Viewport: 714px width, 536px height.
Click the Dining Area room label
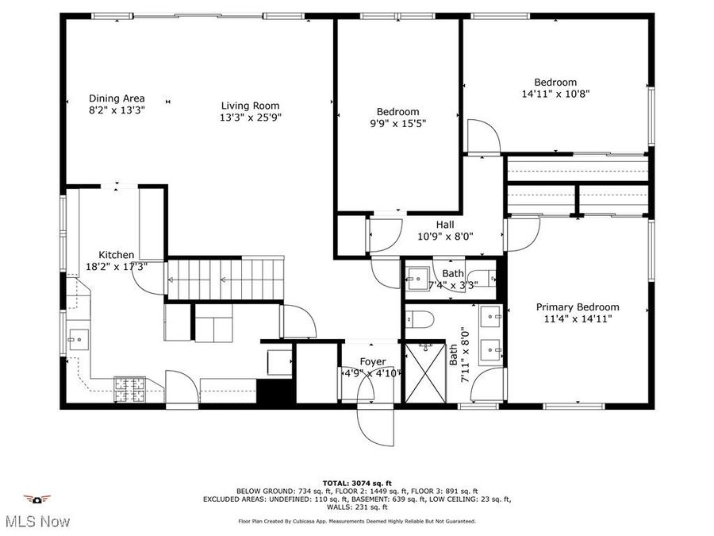point(116,98)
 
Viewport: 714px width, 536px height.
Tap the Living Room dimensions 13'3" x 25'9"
point(251,118)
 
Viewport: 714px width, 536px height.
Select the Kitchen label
point(116,255)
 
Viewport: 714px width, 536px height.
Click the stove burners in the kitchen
point(130,388)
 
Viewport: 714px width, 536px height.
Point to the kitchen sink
point(79,340)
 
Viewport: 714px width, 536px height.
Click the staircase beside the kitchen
point(225,279)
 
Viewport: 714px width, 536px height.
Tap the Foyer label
point(373,361)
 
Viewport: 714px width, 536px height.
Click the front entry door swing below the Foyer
point(370,416)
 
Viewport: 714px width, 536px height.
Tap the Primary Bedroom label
point(578,307)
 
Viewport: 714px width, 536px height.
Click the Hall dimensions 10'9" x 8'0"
point(445,236)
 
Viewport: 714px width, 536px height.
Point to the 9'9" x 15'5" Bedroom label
point(397,112)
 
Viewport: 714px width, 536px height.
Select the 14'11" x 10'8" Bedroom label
point(555,82)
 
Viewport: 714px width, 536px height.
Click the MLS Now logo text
point(36,522)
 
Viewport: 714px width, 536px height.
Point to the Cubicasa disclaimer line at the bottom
point(357,522)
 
